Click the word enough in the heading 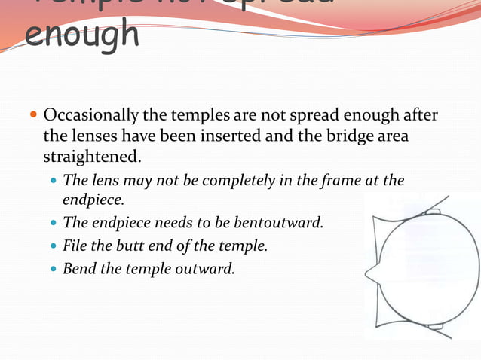[82, 35]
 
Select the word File [76, 245]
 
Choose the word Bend [79, 267]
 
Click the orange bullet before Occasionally [32, 117]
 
